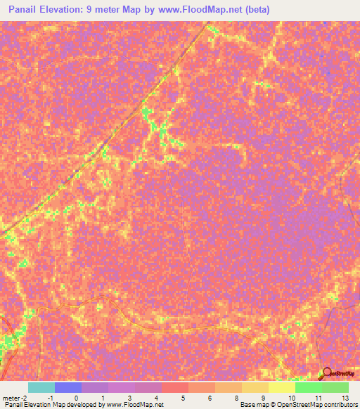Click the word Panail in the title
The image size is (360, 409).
(x=27, y=10)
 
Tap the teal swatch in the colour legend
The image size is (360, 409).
(x=41, y=387)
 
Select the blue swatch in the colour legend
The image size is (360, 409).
(x=68, y=387)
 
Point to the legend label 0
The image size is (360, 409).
(x=76, y=398)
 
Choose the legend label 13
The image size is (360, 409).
(x=344, y=398)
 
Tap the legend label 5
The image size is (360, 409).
(x=183, y=398)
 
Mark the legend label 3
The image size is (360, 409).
(x=129, y=398)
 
